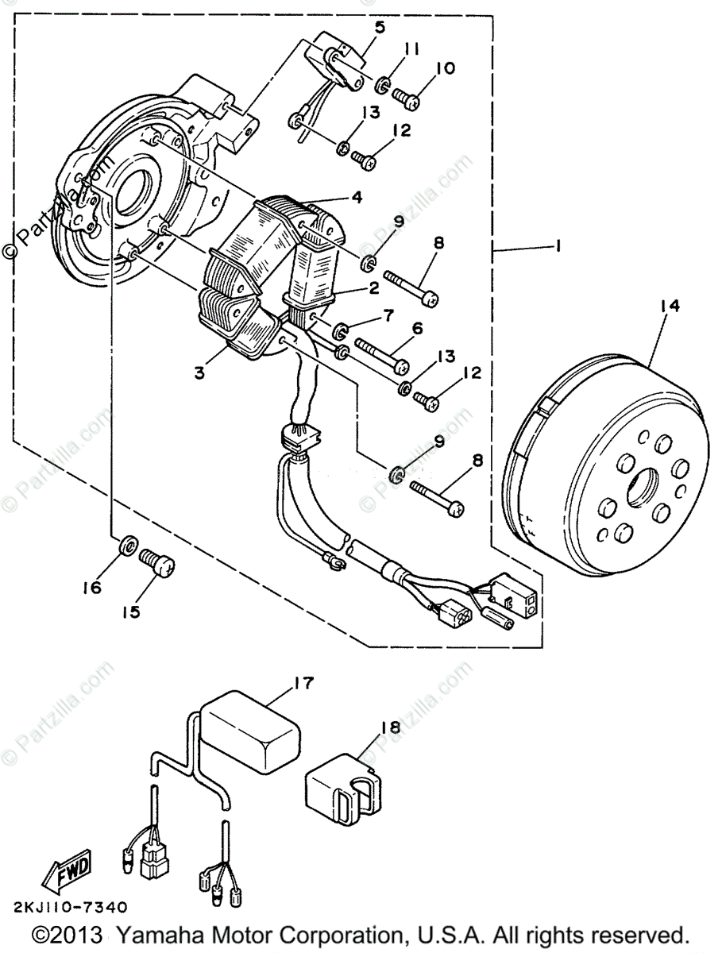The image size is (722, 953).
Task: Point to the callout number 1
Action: (559, 247)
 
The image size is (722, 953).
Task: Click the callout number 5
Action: (380, 27)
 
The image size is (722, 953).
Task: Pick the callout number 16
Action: (92, 588)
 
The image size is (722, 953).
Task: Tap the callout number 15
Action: (129, 612)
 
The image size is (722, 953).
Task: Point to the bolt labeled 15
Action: (157, 563)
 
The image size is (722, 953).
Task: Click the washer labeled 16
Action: (126, 546)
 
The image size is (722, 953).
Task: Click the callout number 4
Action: (358, 197)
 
